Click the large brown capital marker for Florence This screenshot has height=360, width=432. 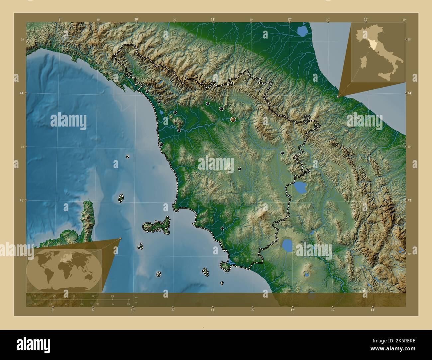pos(233,119)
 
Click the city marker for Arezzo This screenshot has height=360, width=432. pos(282,153)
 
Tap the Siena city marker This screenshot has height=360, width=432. pos(239,169)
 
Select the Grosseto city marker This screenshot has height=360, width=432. pos(222,228)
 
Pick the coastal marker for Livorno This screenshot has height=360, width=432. pos(161,144)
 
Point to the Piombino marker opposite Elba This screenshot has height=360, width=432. pos(176,211)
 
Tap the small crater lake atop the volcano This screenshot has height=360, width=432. pos(305,275)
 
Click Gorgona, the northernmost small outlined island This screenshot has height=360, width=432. pos(128,156)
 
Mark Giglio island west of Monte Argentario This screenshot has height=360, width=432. pos(206,272)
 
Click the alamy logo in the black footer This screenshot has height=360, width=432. pos(33,343)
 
